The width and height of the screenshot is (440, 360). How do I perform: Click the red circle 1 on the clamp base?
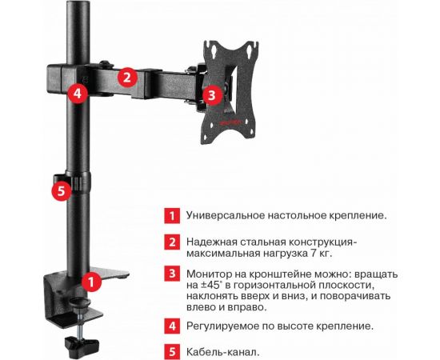91,282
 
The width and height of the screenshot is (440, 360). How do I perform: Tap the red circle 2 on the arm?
127,77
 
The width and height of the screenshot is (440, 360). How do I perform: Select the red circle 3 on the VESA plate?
212,95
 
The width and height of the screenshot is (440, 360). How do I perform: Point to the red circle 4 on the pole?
78,93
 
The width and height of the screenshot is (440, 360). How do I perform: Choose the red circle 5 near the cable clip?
62,191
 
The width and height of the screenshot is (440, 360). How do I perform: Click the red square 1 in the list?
172,215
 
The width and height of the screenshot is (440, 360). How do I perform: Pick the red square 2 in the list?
172,242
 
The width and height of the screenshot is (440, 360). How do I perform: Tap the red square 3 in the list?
172,274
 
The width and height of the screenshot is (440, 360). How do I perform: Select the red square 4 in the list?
172,326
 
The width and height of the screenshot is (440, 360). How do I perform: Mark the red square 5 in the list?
172,351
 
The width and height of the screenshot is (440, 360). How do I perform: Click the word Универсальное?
225,215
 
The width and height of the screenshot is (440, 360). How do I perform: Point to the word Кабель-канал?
223,351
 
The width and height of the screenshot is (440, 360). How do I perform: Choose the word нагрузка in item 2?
284,254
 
